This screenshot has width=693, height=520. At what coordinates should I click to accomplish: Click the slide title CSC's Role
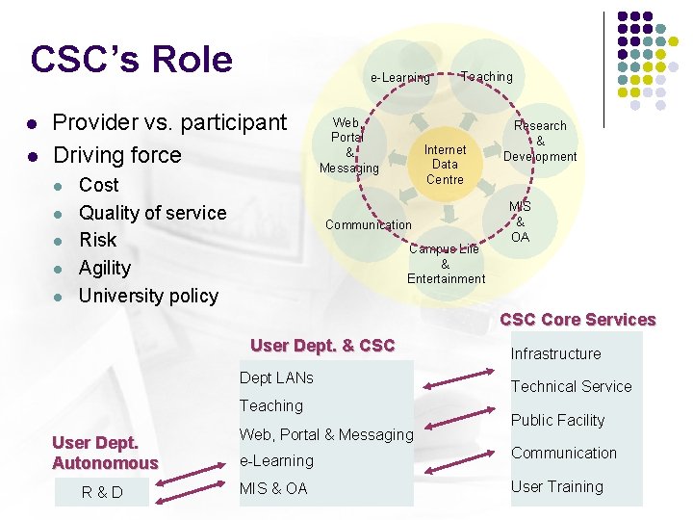[131, 60]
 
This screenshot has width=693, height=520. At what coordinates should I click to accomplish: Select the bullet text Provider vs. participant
[169, 122]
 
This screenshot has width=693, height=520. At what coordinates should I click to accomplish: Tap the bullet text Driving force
[116, 155]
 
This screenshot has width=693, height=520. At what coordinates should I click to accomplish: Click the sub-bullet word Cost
[98, 185]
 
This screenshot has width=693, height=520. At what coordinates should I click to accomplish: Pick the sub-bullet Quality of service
[152, 213]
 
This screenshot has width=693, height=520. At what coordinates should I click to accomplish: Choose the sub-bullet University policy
[148, 296]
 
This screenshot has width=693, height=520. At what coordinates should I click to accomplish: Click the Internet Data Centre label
[445, 165]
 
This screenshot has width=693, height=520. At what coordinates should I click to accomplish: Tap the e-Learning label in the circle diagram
[400, 78]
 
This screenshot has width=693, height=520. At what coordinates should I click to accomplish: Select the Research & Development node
[540, 141]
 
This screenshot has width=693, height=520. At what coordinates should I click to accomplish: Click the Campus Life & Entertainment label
[446, 264]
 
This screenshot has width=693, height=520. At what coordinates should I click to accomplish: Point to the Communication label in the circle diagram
[368, 225]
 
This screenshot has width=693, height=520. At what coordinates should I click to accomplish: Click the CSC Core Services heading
[577, 320]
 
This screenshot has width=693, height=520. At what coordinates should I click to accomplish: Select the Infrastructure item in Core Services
[555, 353]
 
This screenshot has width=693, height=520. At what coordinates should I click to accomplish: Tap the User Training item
[556, 486]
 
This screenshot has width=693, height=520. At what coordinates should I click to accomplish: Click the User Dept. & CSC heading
[322, 346]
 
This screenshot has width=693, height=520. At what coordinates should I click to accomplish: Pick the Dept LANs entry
[276, 377]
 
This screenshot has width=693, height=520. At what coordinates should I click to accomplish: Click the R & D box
[102, 492]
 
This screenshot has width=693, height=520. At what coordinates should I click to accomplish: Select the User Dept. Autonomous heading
[104, 453]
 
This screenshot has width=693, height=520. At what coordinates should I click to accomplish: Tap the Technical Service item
[571, 386]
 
